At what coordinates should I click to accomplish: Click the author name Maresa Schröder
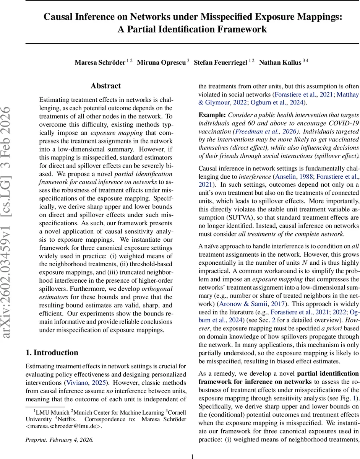100,63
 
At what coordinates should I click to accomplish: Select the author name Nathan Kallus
280,63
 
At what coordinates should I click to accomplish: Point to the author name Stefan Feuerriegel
221,63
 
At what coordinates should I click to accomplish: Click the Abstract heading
105,86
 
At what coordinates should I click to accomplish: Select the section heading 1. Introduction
52,352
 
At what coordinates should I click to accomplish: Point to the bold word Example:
212,115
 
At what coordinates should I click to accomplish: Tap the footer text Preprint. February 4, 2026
59,439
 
